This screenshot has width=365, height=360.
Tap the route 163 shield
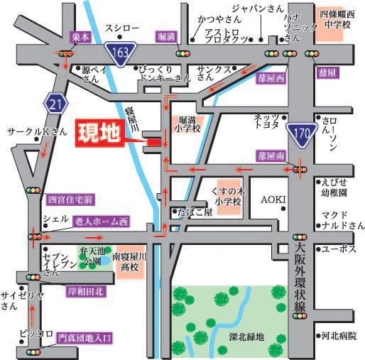119,51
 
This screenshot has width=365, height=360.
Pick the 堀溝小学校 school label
190,124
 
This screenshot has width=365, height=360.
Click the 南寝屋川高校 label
129,263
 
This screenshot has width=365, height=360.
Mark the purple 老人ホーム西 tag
101,222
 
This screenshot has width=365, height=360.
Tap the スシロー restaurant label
119,27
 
